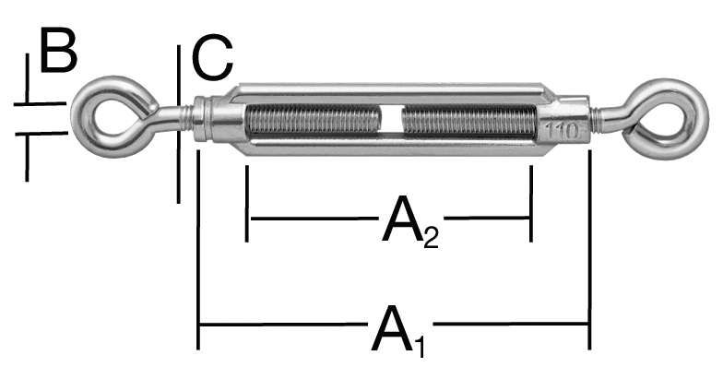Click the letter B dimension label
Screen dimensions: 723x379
click(x=59, y=50)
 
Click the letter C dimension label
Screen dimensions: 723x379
click(x=212, y=58)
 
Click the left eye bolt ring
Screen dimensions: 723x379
click(x=78, y=118)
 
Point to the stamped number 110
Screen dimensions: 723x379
click(x=563, y=131)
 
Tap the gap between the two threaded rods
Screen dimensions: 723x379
click(x=391, y=120)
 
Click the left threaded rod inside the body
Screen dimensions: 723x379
click(x=314, y=120)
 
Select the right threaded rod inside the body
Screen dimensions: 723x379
click(x=469, y=120)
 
